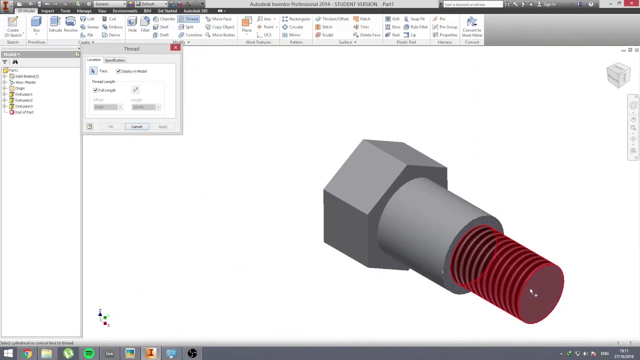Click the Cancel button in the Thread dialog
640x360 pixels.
tap(136, 126)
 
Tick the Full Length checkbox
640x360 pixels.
tap(95, 90)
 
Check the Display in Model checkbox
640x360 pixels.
tap(118, 71)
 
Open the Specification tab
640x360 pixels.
tap(114, 60)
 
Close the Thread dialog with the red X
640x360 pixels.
tap(175, 47)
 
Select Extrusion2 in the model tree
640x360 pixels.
tap(23, 100)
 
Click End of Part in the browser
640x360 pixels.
tap(24, 112)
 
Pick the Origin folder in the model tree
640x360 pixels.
tap(19, 88)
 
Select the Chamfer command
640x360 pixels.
tap(164, 19)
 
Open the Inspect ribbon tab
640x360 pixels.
tap(47, 11)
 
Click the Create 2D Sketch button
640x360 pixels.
tap(13, 26)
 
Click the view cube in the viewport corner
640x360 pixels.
tap(618, 75)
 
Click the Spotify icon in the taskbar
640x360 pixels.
tap(89, 354)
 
